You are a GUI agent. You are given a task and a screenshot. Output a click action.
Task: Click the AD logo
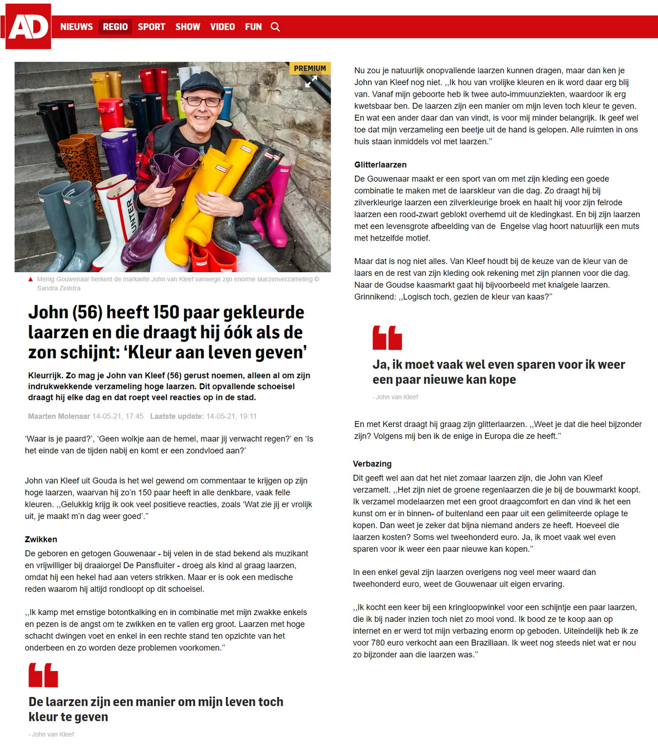28,26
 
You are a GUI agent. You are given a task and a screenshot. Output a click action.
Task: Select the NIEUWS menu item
76,27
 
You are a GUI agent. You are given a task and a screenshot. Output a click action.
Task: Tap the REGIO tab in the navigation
115,27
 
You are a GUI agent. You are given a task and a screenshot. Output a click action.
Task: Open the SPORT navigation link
151,27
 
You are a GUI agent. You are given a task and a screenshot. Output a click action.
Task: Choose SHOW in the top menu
188,27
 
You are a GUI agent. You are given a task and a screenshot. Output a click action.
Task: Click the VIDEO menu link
222,27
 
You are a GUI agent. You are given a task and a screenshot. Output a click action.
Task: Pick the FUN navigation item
253,27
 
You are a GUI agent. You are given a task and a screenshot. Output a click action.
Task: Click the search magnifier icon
275,27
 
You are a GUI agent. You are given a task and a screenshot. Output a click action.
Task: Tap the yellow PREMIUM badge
310,68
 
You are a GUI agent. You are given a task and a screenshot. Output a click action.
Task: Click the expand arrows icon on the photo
311,82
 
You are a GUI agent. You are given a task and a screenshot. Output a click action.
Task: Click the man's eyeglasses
203,101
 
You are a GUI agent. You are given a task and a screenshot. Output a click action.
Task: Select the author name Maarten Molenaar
59,416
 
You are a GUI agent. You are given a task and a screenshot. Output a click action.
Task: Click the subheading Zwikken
41,539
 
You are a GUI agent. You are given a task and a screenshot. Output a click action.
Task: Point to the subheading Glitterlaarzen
380,165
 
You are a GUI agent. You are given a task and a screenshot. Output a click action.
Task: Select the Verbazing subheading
372,464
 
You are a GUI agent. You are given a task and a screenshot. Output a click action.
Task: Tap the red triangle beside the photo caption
31,279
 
